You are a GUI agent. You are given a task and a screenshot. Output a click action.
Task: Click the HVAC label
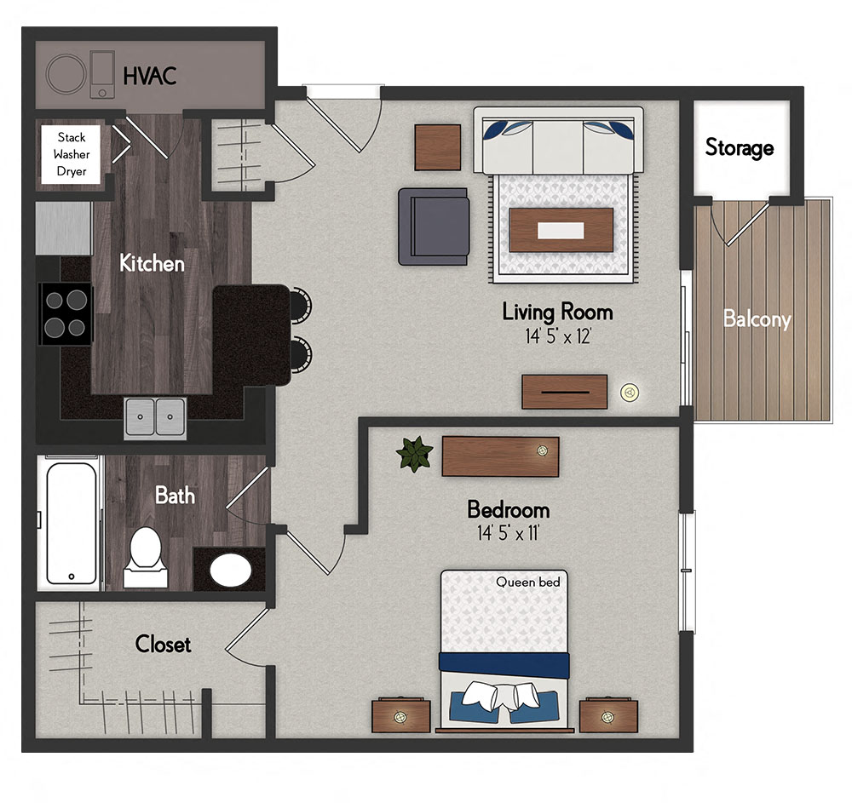pos(150,75)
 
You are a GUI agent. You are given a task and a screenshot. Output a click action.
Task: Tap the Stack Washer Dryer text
pos(72,154)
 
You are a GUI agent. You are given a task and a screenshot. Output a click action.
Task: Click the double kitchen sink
pos(156,417)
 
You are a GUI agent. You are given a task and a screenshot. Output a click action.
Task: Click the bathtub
pos(72,522)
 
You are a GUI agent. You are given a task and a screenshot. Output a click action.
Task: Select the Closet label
pos(163,645)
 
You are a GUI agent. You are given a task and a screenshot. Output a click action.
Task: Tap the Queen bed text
pos(528,582)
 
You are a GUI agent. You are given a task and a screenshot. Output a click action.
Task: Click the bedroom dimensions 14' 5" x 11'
pos(508,534)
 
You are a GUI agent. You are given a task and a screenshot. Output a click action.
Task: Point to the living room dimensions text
pos(557,336)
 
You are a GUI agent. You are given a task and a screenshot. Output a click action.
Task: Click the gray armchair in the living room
pos(434,226)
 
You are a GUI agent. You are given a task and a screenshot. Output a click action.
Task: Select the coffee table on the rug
pos(561,230)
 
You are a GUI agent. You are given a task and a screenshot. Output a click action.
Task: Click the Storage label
pos(739,148)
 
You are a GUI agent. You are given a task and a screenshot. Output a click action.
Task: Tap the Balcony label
pos(757,319)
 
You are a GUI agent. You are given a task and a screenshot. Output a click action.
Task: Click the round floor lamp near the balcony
pos(630,392)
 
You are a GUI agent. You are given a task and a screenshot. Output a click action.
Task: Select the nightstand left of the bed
pos(400,715)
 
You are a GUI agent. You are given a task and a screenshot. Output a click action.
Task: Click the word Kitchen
pos(152,263)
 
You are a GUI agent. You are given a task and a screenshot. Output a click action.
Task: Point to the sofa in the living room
pos(558,138)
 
